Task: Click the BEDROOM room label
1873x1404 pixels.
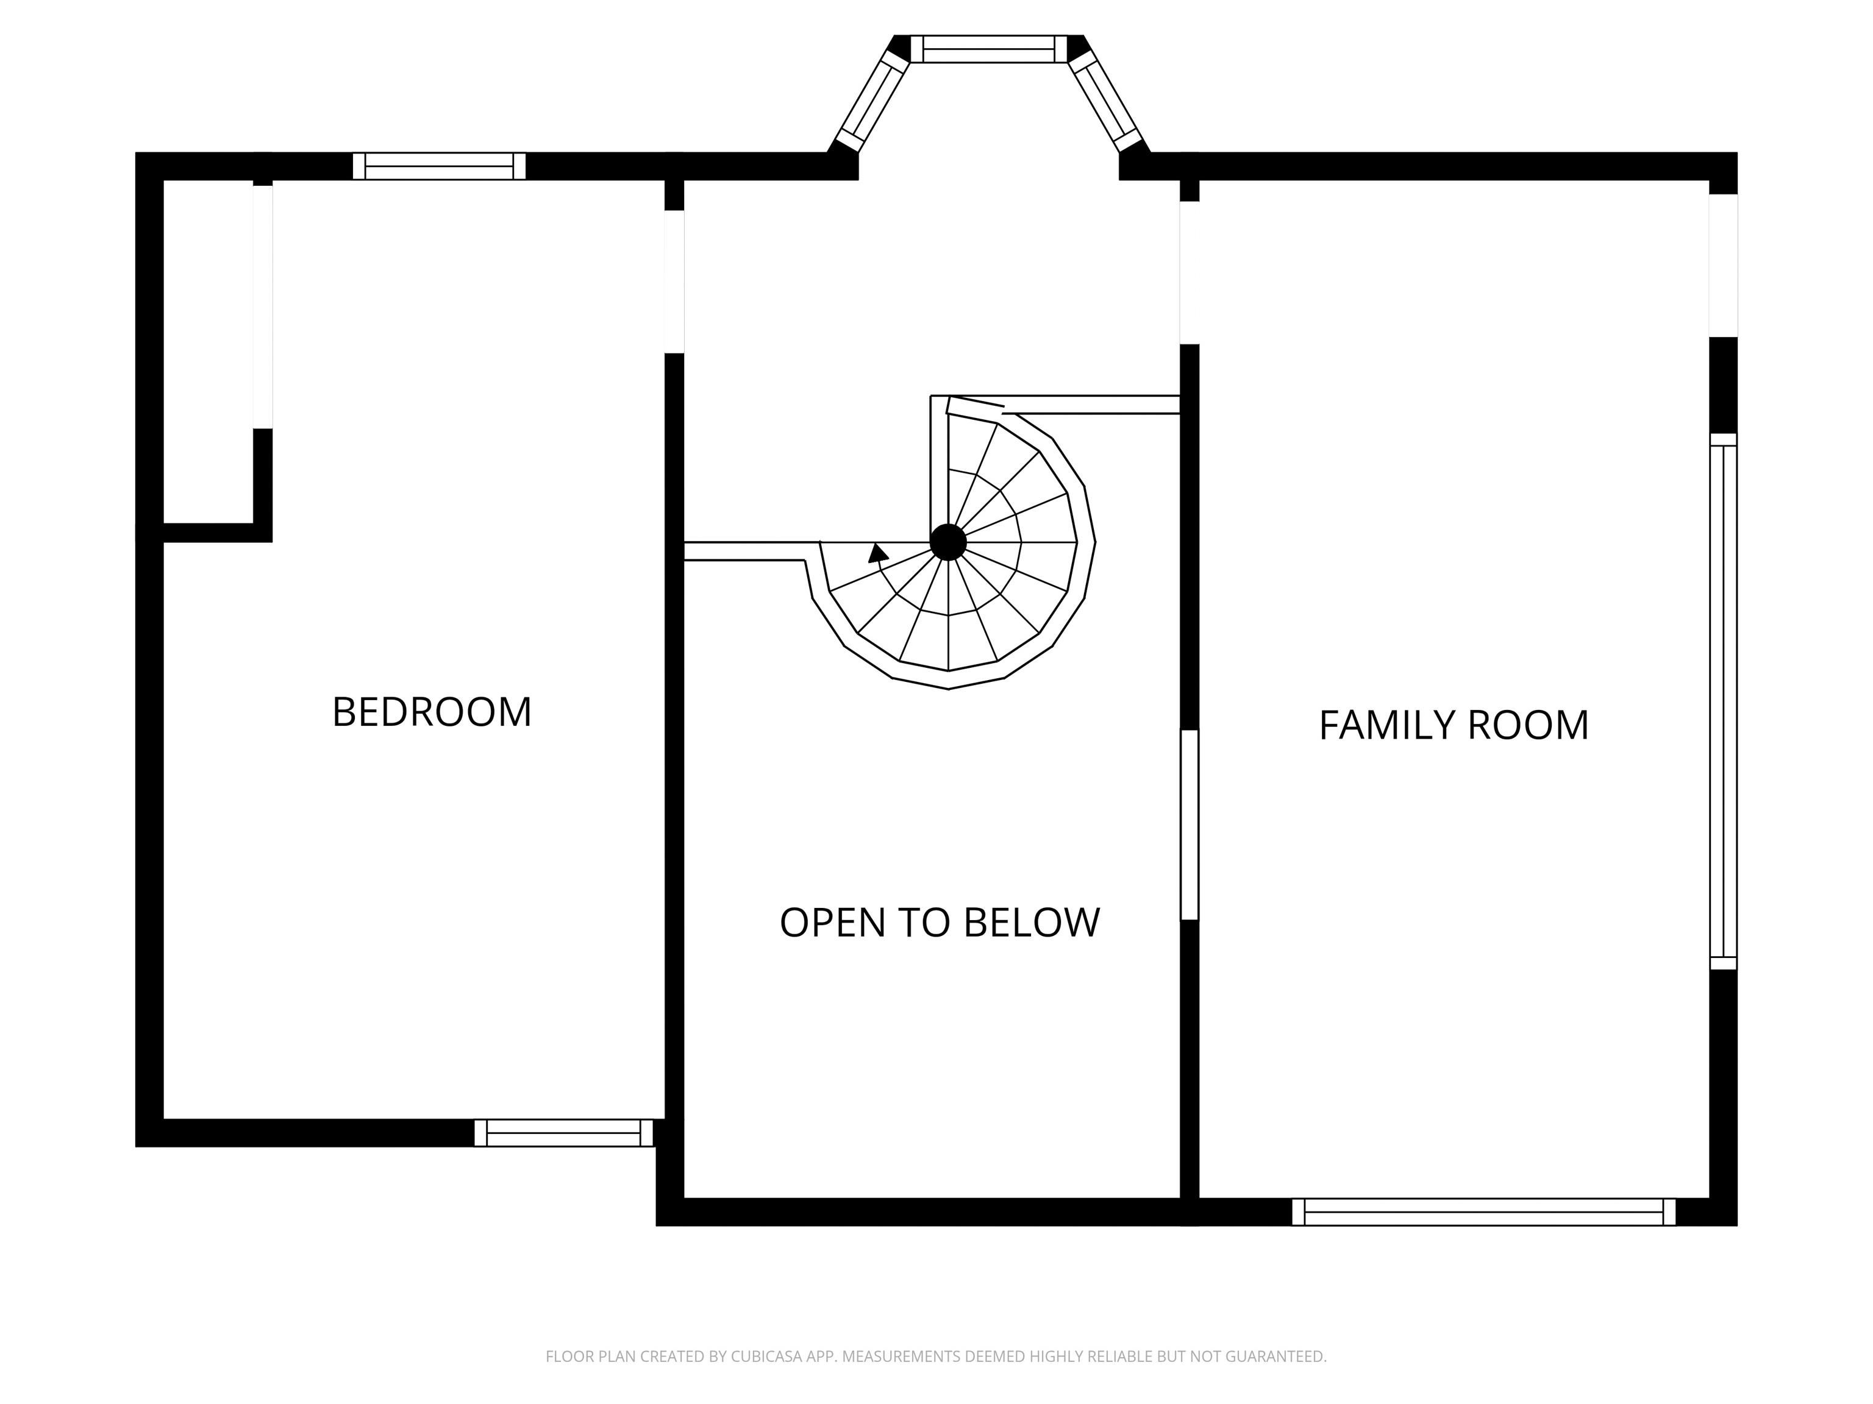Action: (432, 712)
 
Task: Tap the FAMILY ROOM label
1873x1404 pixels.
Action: (1454, 725)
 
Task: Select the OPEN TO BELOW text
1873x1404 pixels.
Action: (940, 923)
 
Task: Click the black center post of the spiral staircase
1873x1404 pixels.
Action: (948, 542)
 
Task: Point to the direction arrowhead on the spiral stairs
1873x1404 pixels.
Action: (878, 553)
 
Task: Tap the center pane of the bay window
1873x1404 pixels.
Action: (989, 49)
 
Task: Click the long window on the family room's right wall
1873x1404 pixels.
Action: (1723, 701)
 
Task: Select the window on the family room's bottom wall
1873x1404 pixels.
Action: (1483, 1212)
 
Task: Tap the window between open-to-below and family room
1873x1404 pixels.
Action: (1190, 824)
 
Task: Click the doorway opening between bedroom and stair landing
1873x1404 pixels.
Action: (674, 282)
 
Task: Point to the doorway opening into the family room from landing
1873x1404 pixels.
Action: (1190, 272)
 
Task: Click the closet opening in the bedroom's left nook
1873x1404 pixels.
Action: (263, 307)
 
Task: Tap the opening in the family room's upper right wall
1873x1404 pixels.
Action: (1723, 266)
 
